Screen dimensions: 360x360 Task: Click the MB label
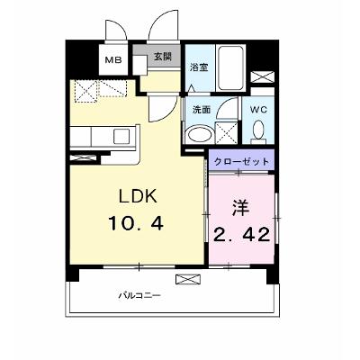click(113, 60)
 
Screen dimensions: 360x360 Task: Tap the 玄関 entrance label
click(163, 57)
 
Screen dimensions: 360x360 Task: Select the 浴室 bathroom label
click(199, 67)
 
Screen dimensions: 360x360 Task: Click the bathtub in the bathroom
click(230, 67)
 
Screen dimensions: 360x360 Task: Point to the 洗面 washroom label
click(202, 110)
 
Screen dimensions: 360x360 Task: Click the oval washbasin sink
click(199, 135)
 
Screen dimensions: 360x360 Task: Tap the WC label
click(258, 110)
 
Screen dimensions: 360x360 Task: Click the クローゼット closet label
click(241, 162)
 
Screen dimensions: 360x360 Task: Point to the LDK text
click(139, 197)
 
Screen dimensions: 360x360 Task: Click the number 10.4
click(136, 223)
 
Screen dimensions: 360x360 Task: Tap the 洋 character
click(241, 209)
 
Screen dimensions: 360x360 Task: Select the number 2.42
click(241, 235)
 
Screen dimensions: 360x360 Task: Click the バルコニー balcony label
click(139, 295)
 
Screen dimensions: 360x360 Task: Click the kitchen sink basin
click(121, 137)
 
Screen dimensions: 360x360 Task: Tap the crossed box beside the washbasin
click(227, 133)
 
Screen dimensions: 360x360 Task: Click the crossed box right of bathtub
click(262, 76)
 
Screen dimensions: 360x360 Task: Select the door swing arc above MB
click(118, 29)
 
